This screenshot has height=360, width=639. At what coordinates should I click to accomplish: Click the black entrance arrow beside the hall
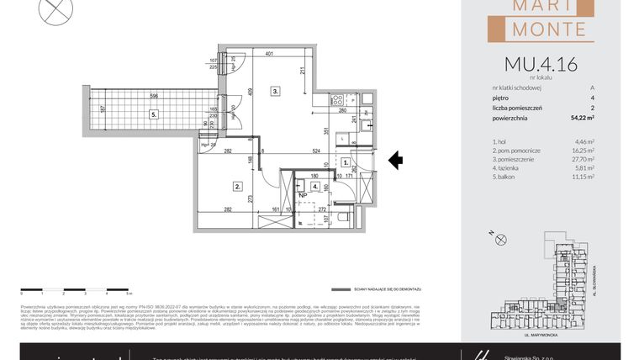coord(395,160)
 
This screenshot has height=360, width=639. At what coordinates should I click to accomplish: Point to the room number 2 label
coord(238,187)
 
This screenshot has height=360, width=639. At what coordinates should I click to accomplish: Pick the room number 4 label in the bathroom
coord(314,187)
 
